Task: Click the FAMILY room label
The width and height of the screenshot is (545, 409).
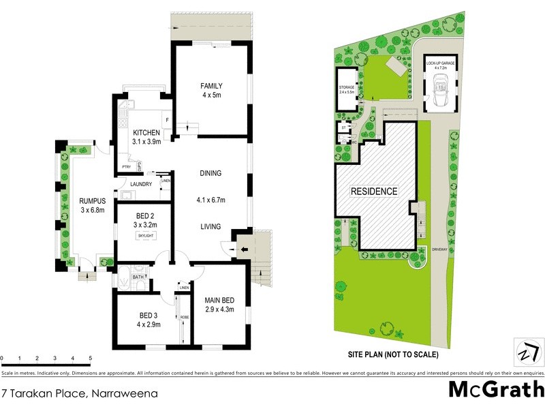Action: pyautogui.click(x=211, y=86)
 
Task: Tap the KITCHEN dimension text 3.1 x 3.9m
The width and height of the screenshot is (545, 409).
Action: pyautogui.click(x=146, y=143)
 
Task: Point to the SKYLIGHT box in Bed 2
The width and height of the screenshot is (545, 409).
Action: pyautogui.click(x=146, y=235)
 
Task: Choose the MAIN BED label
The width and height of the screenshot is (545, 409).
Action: pyautogui.click(x=219, y=299)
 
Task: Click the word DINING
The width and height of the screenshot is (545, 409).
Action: pyautogui.click(x=211, y=173)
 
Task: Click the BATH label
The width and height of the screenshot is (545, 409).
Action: pyautogui.click(x=139, y=277)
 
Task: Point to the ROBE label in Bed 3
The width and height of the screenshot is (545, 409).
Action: pyautogui.click(x=184, y=318)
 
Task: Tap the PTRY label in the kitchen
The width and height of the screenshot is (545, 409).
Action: pyautogui.click(x=125, y=166)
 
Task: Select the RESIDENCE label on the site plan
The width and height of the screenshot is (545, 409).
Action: pyautogui.click(x=374, y=192)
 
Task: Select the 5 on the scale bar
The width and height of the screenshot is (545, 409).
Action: pyautogui.click(x=90, y=358)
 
